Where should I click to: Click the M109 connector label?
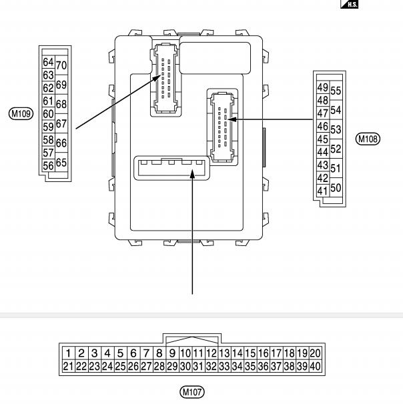point(21,113)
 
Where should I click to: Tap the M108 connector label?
point(368,139)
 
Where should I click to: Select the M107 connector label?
point(192,392)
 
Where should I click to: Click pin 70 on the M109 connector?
point(61,65)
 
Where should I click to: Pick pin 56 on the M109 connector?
point(48,165)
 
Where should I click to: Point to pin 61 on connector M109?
point(48,101)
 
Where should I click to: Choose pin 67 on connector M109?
point(61,123)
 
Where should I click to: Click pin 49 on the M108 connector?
point(323,87)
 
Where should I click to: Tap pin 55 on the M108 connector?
point(336,91)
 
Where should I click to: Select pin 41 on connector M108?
point(323,191)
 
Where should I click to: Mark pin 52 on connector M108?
point(336,149)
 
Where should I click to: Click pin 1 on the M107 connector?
point(69,353)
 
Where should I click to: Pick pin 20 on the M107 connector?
point(315,353)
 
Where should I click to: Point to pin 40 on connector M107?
point(315,366)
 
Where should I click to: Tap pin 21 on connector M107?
point(69,366)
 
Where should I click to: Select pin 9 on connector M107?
point(172,353)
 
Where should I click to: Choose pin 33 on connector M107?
point(224,366)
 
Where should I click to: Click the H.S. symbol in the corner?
point(350,4)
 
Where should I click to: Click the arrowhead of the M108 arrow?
point(232,119)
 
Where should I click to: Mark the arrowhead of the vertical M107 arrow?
point(192,173)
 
